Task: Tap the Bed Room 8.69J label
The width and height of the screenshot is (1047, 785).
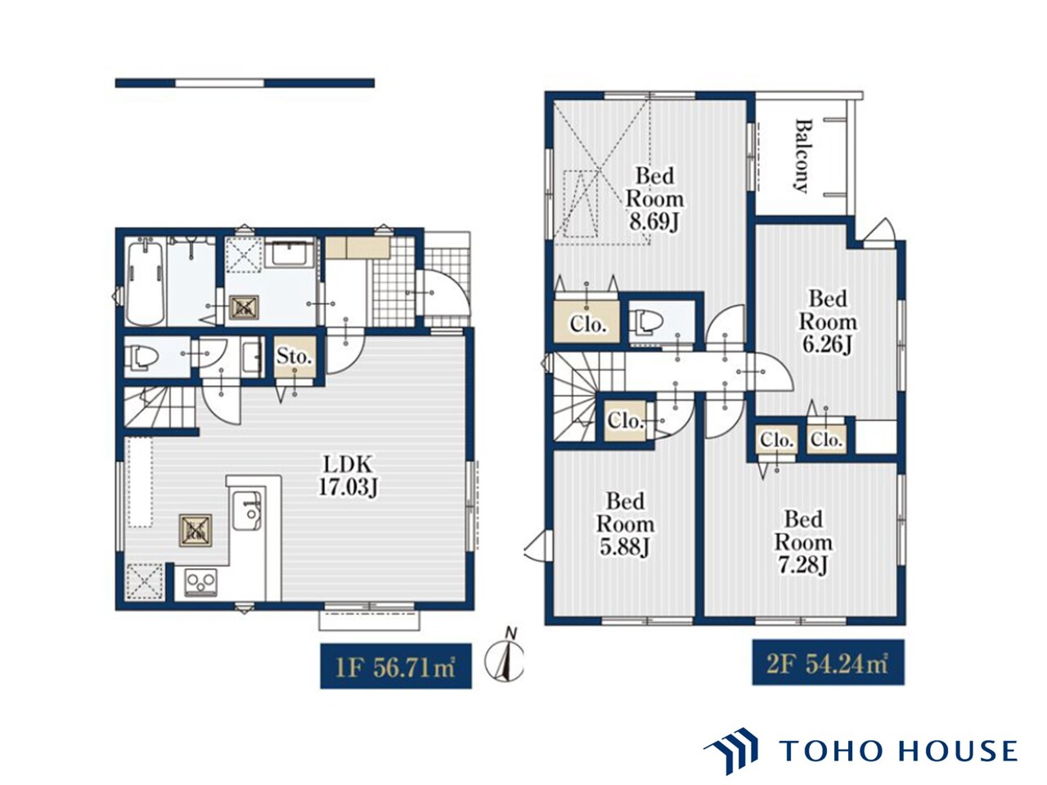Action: pyautogui.click(x=654, y=199)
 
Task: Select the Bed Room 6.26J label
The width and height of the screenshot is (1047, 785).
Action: pyautogui.click(x=828, y=321)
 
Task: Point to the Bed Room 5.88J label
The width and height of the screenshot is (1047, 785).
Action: pyautogui.click(x=625, y=524)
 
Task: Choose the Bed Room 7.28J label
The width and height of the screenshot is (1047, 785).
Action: pyautogui.click(x=803, y=542)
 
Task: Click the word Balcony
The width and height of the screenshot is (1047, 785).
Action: pyautogui.click(x=803, y=155)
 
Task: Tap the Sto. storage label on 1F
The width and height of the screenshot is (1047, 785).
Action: pyautogui.click(x=294, y=356)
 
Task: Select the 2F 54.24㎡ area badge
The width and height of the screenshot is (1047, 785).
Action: pyautogui.click(x=828, y=663)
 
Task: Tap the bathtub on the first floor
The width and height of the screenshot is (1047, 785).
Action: pyautogui.click(x=146, y=281)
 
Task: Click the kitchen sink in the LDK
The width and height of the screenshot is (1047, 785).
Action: pyautogui.click(x=247, y=510)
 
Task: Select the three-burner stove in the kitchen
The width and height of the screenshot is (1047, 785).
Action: pyautogui.click(x=201, y=582)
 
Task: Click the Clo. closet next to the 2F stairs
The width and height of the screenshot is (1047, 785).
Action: pyautogui.click(x=624, y=421)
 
